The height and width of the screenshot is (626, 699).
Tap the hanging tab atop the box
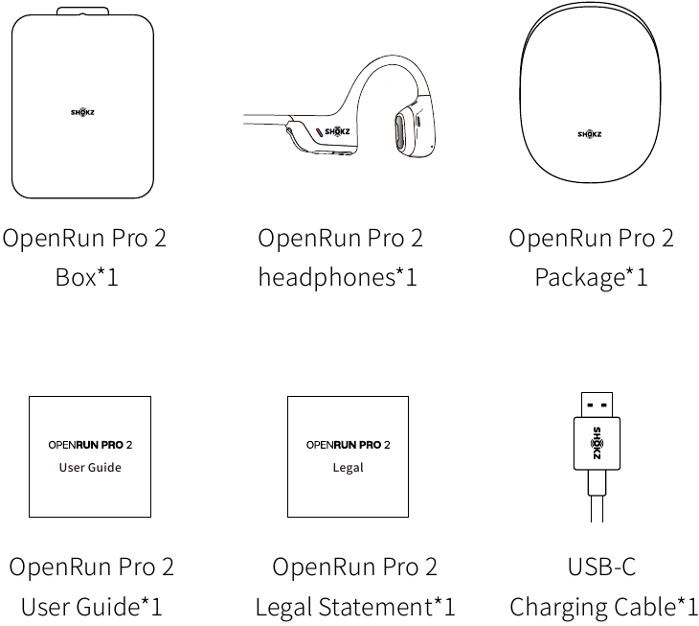[82, 11]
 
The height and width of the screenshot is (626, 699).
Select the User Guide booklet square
[89, 456]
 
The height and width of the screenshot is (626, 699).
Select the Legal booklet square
[348, 456]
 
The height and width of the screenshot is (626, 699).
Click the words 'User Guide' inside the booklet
[90, 468]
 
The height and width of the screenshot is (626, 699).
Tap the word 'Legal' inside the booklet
[349, 468]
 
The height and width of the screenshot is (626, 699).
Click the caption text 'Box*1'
[85, 278]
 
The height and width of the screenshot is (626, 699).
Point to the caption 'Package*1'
[591, 278]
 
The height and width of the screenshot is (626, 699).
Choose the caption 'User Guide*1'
[91, 607]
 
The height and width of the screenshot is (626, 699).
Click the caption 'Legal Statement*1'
[355, 607]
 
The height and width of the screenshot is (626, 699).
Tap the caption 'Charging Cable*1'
[603, 607]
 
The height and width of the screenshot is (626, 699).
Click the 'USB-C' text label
[601, 567]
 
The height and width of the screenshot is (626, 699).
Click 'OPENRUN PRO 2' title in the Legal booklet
[348, 445]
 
